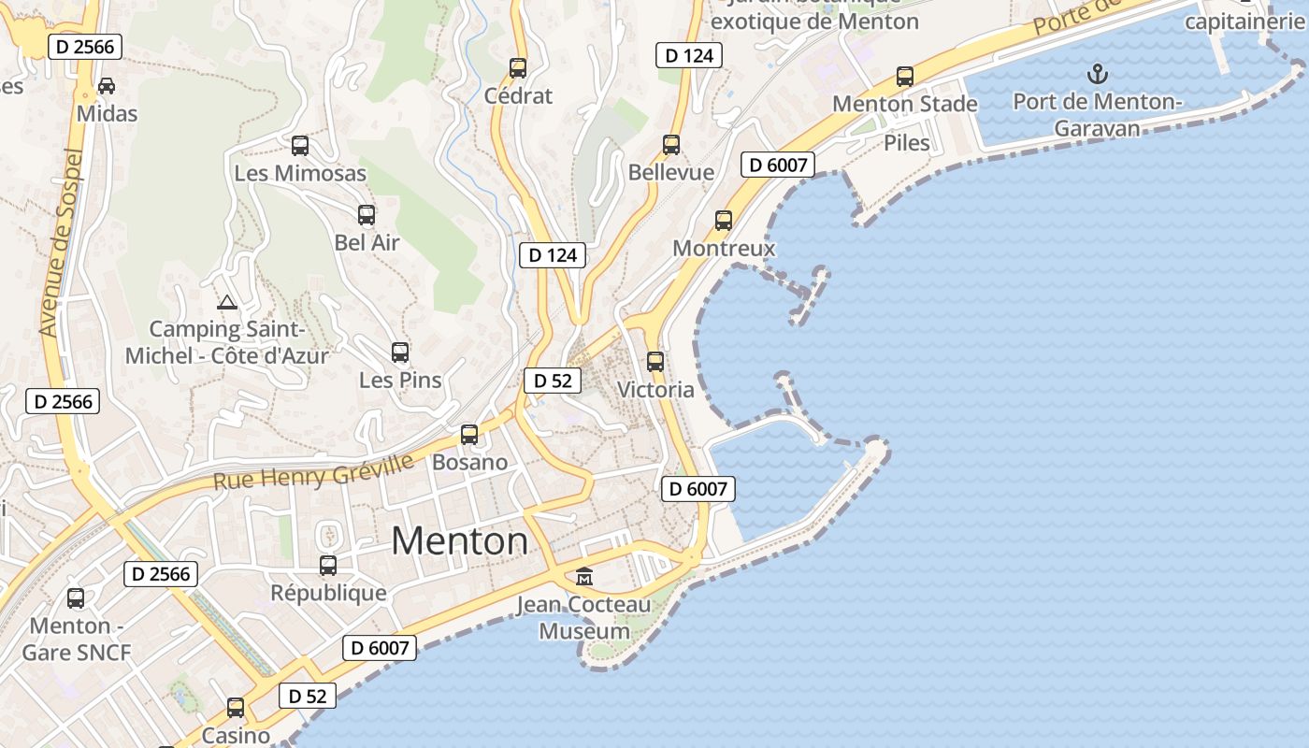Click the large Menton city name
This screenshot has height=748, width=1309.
pyautogui.click(x=459, y=541)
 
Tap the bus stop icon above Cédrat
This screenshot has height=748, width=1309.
pyautogui.click(x=518, y=68)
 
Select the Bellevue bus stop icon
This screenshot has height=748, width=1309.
pyautogui.click(x=671, y=145)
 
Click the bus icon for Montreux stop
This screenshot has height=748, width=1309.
pyautogui.click(x=724, y=221)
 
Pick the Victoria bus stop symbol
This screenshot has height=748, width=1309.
pyautogui.click(x=655, y=362)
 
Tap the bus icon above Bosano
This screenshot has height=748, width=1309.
pyautogui.click(x=469, y=435)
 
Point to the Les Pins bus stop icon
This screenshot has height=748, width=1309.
pyautogui.click(x=400, y=352)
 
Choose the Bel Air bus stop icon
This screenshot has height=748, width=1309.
pyautogui.click(x=367, y=215)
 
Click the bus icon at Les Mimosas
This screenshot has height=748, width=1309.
pyautogui.click(x=300, y=146)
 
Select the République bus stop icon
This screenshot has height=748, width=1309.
pyautogui.click(x=328, y=566)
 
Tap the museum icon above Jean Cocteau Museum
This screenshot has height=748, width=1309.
pyautogui.click(x=584, y=577)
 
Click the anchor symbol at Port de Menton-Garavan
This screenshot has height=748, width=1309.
pyautogui.click(x=1098, y=74)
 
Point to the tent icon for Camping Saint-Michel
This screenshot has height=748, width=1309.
pyautogui.click(x=226, y=302)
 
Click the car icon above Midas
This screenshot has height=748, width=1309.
pyautogui.click(x=107, y=86)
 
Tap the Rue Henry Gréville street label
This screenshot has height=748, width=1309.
pyautogui.click(x=313, y=472)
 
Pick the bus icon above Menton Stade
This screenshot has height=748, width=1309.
pyautogui.click(x=905, y=77)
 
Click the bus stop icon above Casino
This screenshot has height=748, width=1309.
pyautogui.click(x=236, y=708)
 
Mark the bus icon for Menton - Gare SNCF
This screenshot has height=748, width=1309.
pyautogui.click(x=76, y=598)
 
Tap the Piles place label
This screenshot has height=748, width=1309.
pyautogui.click(x=907, y=143)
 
